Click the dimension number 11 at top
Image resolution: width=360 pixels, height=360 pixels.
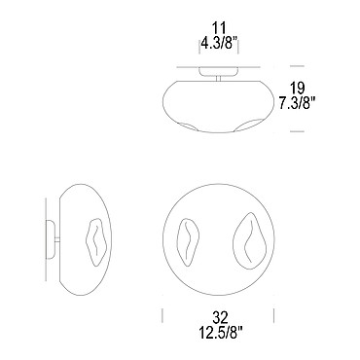pyautogui.click(x=219, y=28)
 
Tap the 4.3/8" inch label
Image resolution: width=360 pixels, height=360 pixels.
pyautogui.click(x=219, y=43)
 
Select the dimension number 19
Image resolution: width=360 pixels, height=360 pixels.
pyautogui.click(x=297, y=88)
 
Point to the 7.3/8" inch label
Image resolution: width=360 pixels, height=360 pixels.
pyautogui.click(x=298, y=103)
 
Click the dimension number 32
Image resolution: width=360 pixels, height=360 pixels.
pyautogui.click(x=220, y=317)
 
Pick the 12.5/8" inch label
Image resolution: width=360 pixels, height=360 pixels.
pyautogui.click(x=220, y=332)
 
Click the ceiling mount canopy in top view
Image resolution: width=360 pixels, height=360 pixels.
pyautogui.click(x=219, y=71)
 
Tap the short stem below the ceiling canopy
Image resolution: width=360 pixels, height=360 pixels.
pyautogui.click(x=219, y=78)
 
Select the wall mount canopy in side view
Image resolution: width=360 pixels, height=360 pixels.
pyautogui.click(x=51, y=239)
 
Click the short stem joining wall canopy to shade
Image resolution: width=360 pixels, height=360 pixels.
pyautogui.click(x=57, y=239)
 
